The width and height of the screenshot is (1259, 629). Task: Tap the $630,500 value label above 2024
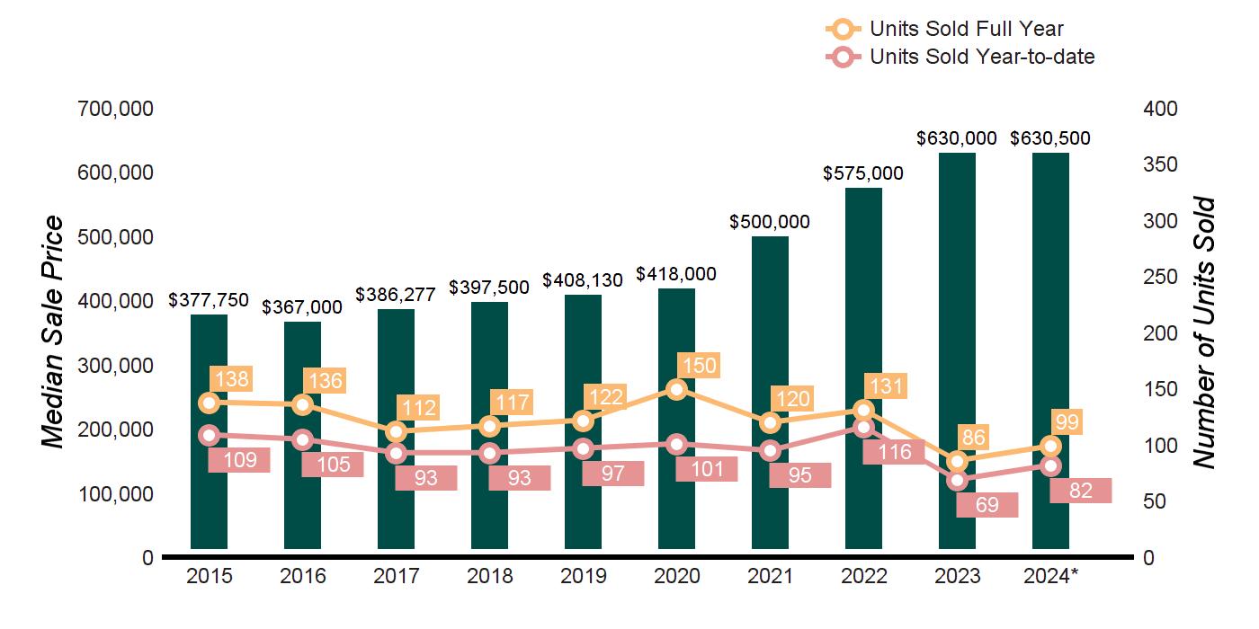pos(1050,138)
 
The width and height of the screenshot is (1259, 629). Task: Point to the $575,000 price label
pos(863,173)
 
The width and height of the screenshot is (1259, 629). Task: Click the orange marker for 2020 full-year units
pos(676,389)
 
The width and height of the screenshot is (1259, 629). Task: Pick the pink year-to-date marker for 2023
pos(957,480)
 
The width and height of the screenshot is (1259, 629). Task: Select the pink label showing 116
pos(894,452)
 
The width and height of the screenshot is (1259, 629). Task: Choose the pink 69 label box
pos(987,505)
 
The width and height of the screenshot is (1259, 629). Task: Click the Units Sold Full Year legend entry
pos(966,29)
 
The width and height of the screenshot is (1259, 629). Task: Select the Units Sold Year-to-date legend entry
pos(981,57)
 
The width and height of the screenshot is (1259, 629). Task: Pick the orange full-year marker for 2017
pos(396,432)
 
